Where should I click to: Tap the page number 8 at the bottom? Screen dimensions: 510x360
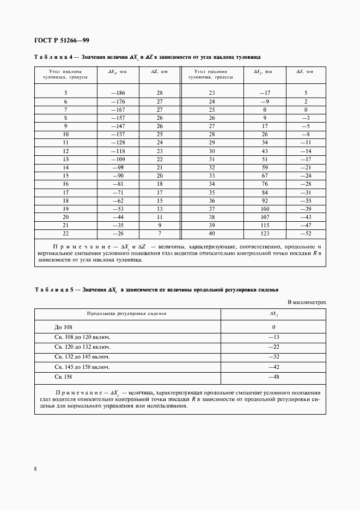pyautogui.click(x=35, y=468)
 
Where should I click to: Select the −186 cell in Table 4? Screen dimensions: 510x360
pyautogui.click(x=118, y=93)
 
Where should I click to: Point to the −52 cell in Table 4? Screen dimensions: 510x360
pyautogui.click(x=306, y=233)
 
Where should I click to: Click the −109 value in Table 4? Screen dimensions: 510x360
pyautogui.click(x=118, y=159)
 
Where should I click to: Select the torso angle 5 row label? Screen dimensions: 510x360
pyautogui.click(x=65, y=93)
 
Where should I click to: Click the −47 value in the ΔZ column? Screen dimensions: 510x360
pyautogui.click(x=306, y=225)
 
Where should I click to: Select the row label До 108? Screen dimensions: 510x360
pyautogui.click(x=63, y=327)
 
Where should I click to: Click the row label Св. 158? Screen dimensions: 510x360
pyautogui.click(x=63, y=377)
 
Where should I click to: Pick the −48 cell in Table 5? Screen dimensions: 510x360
pyautogui.click(x=273, y=377)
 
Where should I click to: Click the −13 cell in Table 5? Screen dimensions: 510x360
pyautogui.click(x=273, y=337)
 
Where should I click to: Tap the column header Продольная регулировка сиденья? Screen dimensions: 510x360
pyautogui.click(x=127, y=314)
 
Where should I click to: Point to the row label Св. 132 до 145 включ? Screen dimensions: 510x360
pyautogui.click(x=82, y=357)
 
